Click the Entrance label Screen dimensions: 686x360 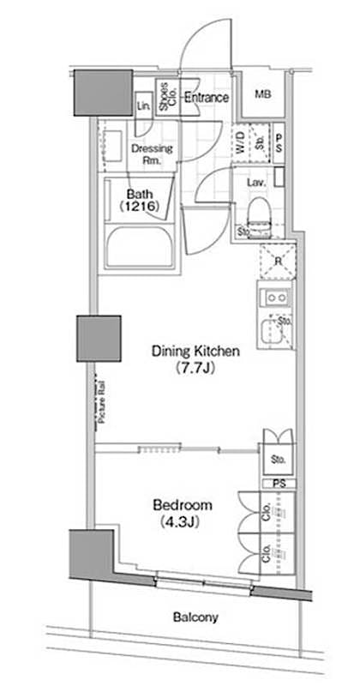tap(206, 97)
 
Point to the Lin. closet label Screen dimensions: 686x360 tap(143, 106)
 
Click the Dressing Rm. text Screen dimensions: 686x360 tap(151, 153)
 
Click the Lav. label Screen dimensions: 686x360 tap(255, 183)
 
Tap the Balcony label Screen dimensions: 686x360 tap(195, 617)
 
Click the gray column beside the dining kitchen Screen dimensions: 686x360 tap(99, 338)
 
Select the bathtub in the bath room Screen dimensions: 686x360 tap(138, 244)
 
